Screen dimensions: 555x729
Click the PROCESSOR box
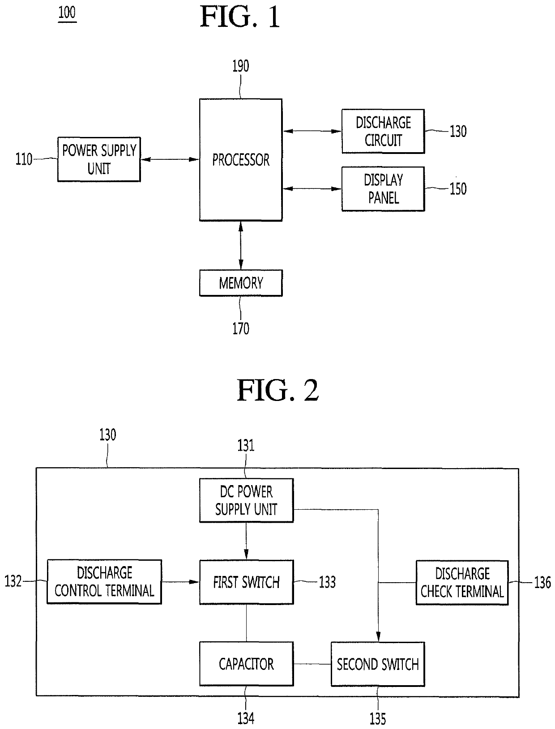coord(241,160)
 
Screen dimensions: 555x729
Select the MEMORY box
coord(241,283)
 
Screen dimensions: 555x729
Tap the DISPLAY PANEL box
coord(383,189)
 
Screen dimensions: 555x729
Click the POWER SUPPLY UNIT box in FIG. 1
coord(99,159)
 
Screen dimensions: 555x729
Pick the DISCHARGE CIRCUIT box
coord(383,131)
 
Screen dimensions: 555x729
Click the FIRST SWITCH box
coord(247,582)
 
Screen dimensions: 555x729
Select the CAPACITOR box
coord(247,664)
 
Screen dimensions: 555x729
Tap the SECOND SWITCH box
coord(378,664)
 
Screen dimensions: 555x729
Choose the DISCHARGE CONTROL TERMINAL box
coord(104,581)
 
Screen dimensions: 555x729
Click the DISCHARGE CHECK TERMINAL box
coord(462,583)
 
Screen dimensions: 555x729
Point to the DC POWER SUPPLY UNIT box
coord(247,500)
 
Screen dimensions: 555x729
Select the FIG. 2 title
coord(277,390)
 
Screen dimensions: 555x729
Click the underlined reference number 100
coord(67,13)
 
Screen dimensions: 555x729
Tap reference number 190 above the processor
coord(241,66)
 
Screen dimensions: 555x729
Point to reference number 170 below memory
coord(241,328)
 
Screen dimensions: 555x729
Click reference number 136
coord(542,582)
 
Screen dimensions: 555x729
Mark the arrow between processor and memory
coord(241,245)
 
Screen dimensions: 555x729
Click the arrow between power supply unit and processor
coord(170,159)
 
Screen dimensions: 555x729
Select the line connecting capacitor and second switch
coord(312,664)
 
